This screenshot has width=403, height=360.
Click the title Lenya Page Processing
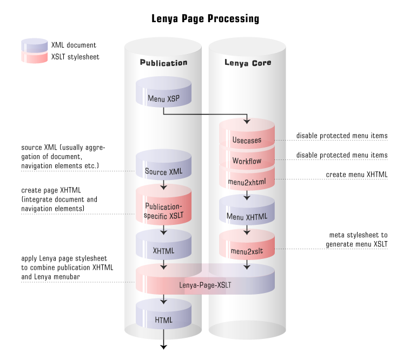(205, 19)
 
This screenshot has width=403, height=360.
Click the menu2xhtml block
(247, 180)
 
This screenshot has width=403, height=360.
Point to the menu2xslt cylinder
(247, 249)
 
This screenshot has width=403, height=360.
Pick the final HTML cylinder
(163, 319)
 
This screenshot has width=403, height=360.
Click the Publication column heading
(163, 63)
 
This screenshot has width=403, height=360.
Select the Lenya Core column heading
(248, 63)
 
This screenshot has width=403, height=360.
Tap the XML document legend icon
(34, 45)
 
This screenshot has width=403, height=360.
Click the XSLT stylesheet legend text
(75, 56)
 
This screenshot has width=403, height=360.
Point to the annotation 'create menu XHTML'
(356, 175)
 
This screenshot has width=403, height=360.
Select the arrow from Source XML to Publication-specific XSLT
(163, 185)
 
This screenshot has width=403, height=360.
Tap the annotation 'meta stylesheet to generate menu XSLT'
(358, 239)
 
